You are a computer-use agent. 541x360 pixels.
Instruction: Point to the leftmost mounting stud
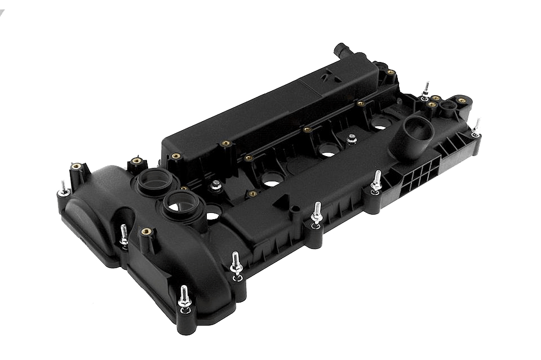click(62, 188)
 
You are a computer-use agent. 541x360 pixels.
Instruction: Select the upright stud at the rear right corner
click(427, 88)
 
